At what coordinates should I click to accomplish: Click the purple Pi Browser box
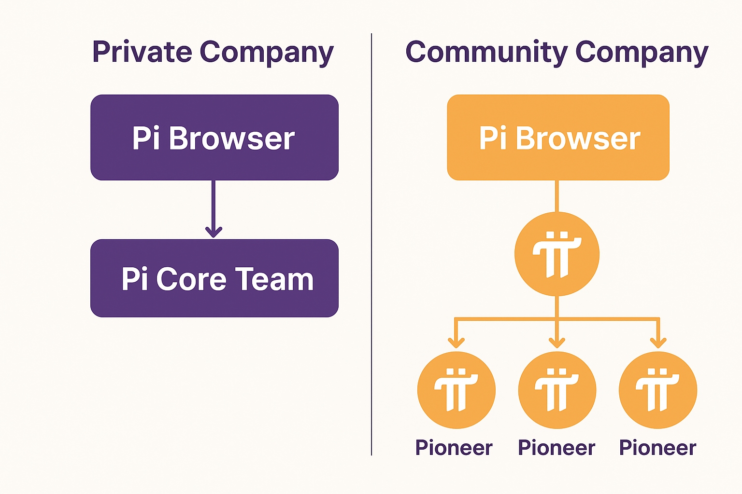[x=214, y=137]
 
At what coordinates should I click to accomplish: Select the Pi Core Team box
[x=214, y=278]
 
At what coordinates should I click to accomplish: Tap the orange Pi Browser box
[x=558, y=137]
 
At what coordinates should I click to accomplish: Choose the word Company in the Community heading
[x=642, y=53]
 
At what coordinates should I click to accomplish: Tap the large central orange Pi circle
[x=557, y=254]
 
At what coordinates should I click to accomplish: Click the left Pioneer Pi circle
[x=456, y=390]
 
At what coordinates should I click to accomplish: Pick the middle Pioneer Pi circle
[x=557, y=390]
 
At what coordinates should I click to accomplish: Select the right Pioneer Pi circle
[x=658, y=390]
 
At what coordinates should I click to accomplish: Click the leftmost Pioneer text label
[x=454, y=448]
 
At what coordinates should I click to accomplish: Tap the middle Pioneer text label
[x=556, y=448]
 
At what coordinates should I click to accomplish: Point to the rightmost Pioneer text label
[x=657, y=448]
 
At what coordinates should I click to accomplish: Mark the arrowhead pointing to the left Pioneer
[x=456, y=343]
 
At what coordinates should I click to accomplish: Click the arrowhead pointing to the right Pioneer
[x=658, y=343]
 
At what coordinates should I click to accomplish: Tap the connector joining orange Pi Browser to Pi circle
[x=557, y=196]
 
